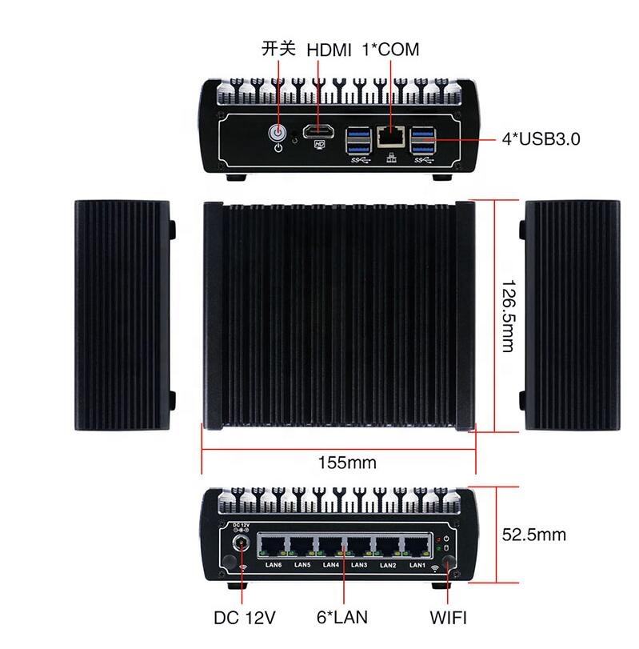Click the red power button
pyautogui.click(x=278, y=132)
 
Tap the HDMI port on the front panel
pyautogui.click(x=320, y=132)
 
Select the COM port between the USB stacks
pyautogui.click(x=389, y=136)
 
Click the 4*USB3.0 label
pyautogui.click(x=541, y=138)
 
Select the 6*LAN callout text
pyautogui.click(x=342, y=617)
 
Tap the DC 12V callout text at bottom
pyautogui.click(x=245, y=617)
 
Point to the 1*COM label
pyautogui.click(x=389, y=50)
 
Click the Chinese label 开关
pyautogui.click(x=279, y=49)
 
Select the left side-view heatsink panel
pyautogui.click(x=124, y=315)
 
